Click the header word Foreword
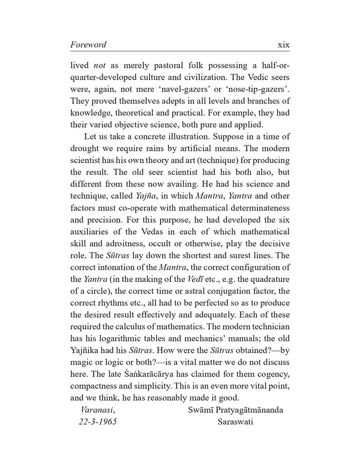point(88,45)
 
